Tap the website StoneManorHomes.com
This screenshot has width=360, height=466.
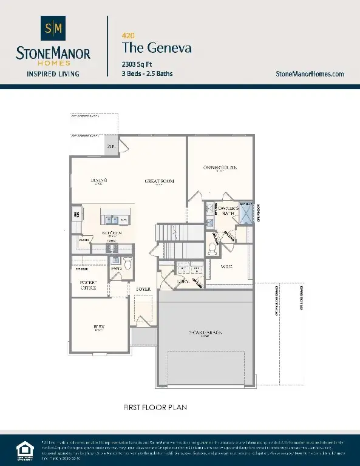click(x=310, y=73)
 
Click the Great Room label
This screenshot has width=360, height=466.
click(x=160, y=181)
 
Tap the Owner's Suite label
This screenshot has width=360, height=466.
click(x=220, y=167)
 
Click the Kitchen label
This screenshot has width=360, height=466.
click(x=112, y=234)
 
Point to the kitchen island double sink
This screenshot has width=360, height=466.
click(x=110, y=220)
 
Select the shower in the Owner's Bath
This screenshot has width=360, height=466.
click(x=245, y=214)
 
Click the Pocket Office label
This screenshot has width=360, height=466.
click(x=89, y=286)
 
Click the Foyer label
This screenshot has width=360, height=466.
click(x=143, y=289)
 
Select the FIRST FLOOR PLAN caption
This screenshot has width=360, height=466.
click(x=155, y=407)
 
